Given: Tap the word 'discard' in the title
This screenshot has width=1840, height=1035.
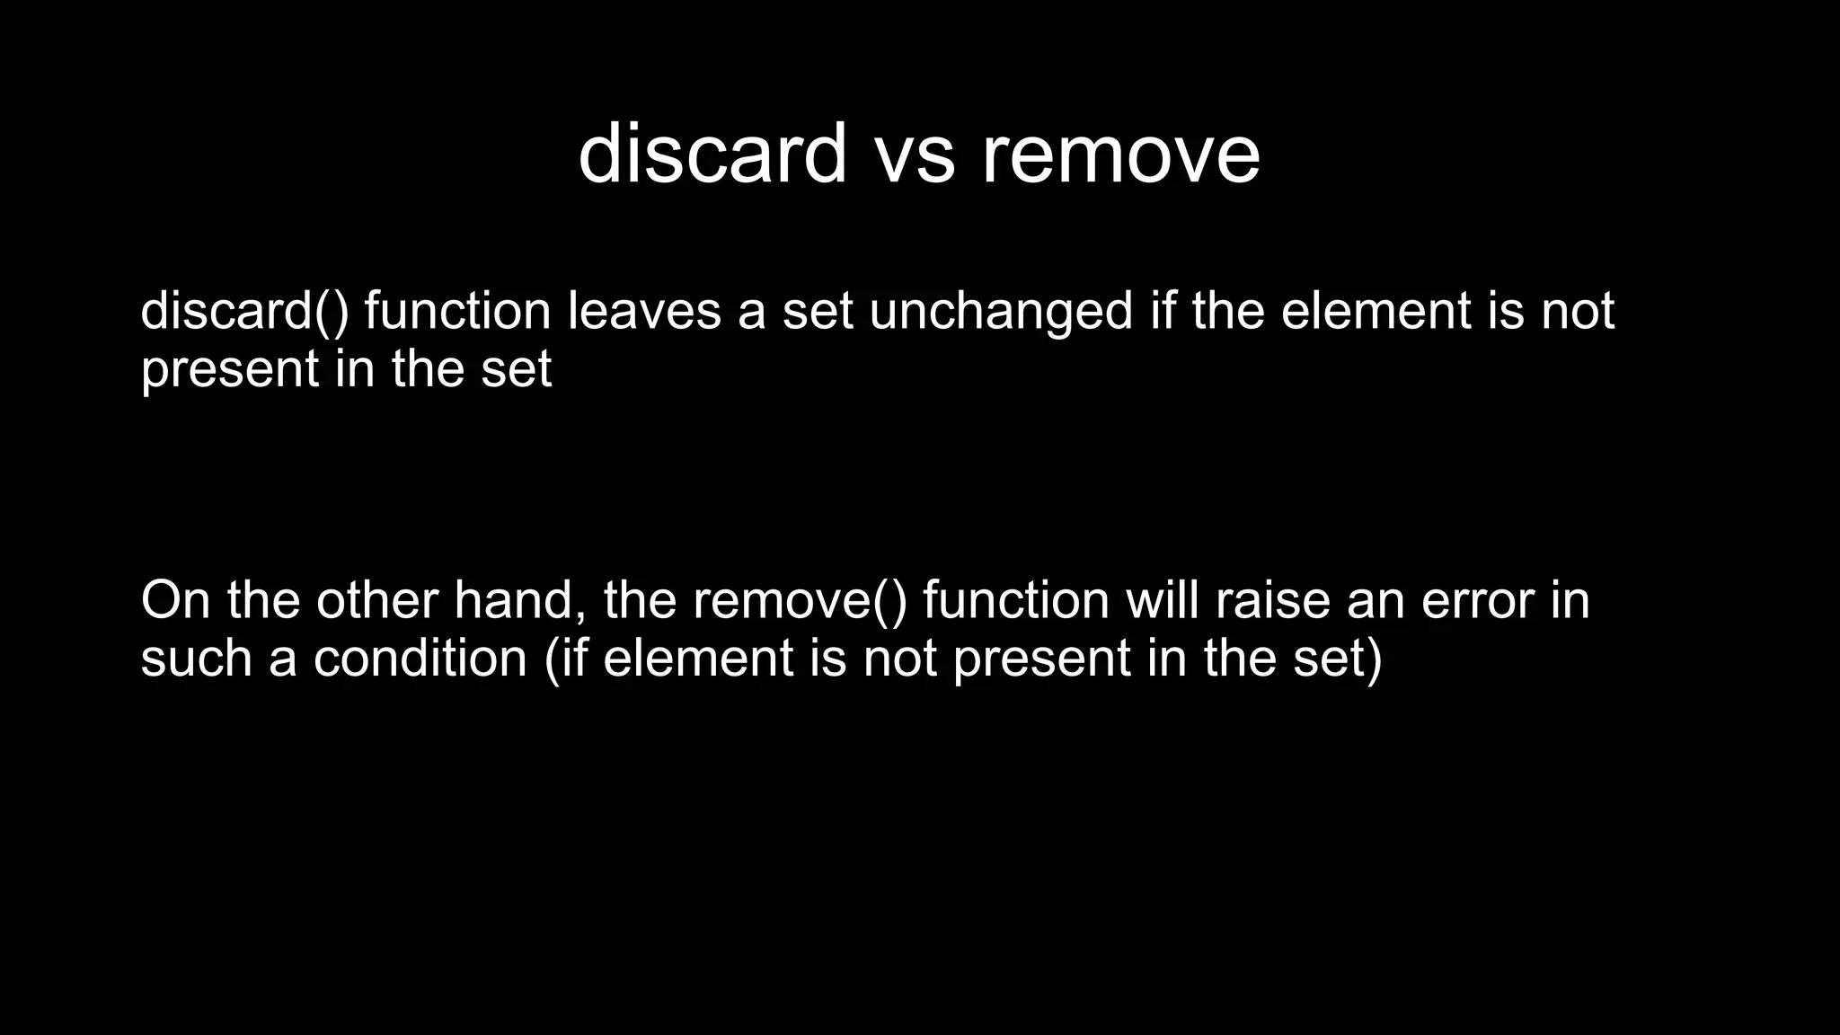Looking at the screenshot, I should [x=712, y=155].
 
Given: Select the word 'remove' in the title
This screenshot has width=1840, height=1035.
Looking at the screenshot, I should [x=1120, y=155].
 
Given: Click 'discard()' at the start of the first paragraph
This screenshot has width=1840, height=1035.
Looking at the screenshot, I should [x=244, y=312].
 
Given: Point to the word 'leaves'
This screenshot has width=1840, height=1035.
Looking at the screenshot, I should [x=644, y=312].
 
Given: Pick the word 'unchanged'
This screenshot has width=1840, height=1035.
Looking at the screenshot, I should [x=1001, y=312].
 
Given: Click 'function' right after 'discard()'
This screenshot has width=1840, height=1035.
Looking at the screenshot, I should [x=457, y=312].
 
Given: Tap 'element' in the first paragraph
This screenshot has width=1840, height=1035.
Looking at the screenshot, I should [x=1376, y=312].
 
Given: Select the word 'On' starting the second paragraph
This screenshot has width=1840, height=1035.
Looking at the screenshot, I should [x=176, y=600].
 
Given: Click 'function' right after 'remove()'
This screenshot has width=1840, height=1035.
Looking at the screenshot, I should [x=1015, y=600].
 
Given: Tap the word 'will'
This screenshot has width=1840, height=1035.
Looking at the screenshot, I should [x=1162, y=600].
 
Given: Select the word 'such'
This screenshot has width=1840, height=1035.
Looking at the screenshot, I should [x=197, y=659].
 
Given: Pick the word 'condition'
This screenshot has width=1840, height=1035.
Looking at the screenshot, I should [x=420, y=659].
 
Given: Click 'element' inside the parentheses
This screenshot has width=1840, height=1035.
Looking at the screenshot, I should [x=698, y=659].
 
